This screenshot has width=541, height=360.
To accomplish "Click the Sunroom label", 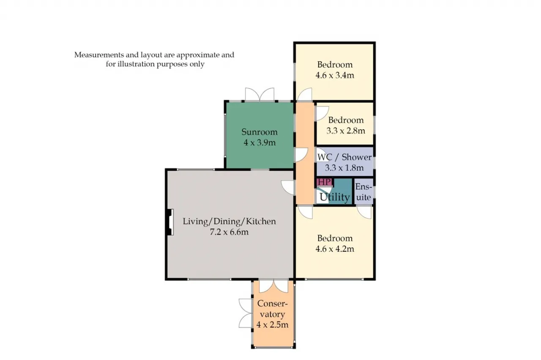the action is (x=260, y=132).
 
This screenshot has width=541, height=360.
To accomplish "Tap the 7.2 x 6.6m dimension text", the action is (x=229, y=232).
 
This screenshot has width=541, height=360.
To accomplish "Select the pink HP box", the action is (x=324, y=182).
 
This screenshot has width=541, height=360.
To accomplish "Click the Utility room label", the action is (x=334, y=197).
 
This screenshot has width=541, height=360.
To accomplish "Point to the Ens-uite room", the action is (x=364, y=192).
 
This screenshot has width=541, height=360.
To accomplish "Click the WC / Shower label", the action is (x=344, y=157).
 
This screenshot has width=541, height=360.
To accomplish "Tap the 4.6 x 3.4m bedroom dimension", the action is (x=335, y=75).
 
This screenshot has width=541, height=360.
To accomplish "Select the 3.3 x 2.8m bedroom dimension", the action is (x=346, y=131).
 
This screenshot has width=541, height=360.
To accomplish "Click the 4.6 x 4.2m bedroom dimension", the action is (x=335, y=249).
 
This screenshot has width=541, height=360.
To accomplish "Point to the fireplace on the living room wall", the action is (x=170, y=222).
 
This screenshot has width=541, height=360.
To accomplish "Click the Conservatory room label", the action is (x=272, y=309).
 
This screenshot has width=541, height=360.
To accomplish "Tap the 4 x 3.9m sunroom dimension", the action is (x=260, y=143).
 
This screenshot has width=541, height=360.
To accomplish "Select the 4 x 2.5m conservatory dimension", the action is (x=272, y=325).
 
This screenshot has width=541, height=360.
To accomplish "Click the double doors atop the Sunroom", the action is (x=260, y=94).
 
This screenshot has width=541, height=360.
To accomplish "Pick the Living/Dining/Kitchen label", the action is (x=229, y=221).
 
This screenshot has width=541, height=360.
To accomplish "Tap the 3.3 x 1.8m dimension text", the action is (x=344, y=168).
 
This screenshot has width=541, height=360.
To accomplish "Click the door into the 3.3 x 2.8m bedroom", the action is (x=322, y=113).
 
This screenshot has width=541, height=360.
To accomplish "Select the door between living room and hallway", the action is (x=288, y=187).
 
